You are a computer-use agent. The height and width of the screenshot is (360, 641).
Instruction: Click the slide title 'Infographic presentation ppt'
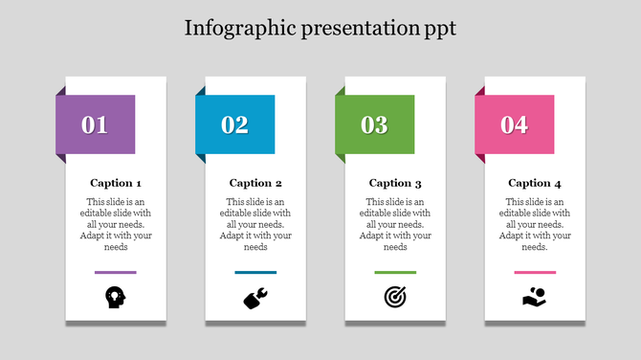pyautogui.click(x=320, y=28)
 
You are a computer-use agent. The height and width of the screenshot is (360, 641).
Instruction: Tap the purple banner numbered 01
pyautogui.click(x=95, y=124)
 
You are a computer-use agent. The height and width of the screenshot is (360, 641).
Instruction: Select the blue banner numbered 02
pyautogui.click(x=234, y=124)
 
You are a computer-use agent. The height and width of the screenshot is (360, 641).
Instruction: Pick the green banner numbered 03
pyautogui.click(x=374, y=124)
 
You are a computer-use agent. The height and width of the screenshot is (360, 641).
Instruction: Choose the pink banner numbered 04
pyautogui.click(x=515, y=124)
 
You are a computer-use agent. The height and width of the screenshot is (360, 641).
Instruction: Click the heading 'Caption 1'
pyautogui.click(x=116, y=183)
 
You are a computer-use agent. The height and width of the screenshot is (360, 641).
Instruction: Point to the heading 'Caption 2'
pyautogui.click(x=255, y=183)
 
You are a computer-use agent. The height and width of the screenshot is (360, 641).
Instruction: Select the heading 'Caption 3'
pyautogui.click(x=395, y=183)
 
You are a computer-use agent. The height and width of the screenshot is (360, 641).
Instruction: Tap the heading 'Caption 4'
pyautogui.click(x=535, y=183)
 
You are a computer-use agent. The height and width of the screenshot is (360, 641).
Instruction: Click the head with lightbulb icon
pyautogui.click(x=116, y=298)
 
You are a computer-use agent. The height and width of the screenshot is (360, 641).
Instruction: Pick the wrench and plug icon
pyautogui.click(x=255, y=299)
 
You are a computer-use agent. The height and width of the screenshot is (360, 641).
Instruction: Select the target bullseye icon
pyautogui.click(x=395, y=298)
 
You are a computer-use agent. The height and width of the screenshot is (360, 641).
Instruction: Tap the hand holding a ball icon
pyautogui.click(x=535, y=298)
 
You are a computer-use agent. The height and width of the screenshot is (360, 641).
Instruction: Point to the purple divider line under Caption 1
pyautogui.click(x=116, y=273)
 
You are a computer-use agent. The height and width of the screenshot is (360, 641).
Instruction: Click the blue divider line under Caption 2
pyautogui.click(x=255, y=273)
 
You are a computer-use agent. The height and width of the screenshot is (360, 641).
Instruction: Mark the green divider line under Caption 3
pyautogui.click(x=395, y=273)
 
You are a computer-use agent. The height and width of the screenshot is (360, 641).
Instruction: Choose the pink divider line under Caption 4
pyautogui.click(x=535, y=273)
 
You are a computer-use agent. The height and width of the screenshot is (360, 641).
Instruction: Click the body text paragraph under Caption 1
pyautogui.click(x=116, y=224)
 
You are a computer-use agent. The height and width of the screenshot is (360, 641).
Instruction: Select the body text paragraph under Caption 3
pyautogui.click(x=395, y=224)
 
